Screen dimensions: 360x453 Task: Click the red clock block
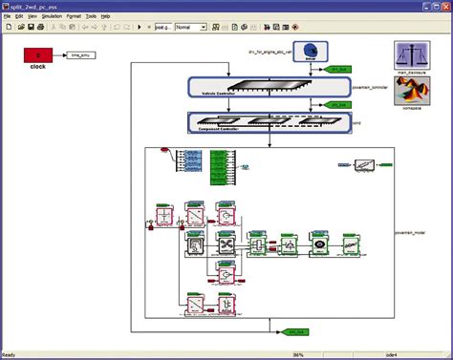click(38, 56)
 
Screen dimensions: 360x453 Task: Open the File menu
click(8, 16)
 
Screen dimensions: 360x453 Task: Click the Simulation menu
click(53, 16)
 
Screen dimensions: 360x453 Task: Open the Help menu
click(134, 16)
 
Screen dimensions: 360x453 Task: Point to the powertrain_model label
click(417, 231)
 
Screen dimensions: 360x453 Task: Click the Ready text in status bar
click(9, 355)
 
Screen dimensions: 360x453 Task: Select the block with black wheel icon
click(319, 245)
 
